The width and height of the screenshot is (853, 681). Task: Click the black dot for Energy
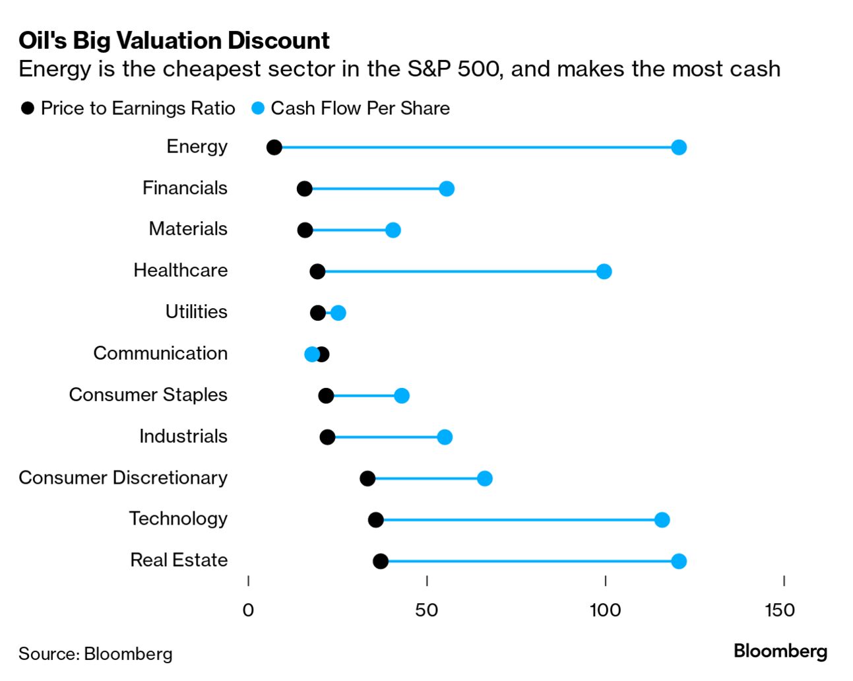274,147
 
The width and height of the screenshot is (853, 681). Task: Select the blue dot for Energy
679,147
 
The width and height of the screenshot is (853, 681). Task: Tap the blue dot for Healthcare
604,271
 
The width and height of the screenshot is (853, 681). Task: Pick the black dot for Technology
375,520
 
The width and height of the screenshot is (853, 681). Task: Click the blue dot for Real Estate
679,562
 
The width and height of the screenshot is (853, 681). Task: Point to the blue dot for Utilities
338,313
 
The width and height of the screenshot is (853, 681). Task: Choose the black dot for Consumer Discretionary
367,478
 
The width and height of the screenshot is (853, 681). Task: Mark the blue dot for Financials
447,189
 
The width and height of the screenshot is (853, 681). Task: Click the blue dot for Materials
393,230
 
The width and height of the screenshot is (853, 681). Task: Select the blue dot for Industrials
445,437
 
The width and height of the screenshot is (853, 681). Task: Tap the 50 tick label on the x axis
427,610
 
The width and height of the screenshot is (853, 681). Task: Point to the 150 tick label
780,610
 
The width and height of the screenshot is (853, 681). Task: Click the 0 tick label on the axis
248,610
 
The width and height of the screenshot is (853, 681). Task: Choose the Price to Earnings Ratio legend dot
28,108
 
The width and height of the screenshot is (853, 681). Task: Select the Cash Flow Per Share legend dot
258,108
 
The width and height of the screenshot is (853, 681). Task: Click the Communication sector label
160,353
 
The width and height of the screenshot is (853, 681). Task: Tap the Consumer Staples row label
148,395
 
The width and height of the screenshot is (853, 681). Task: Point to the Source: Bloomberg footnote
96,653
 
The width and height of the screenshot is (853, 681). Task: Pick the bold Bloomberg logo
780,651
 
